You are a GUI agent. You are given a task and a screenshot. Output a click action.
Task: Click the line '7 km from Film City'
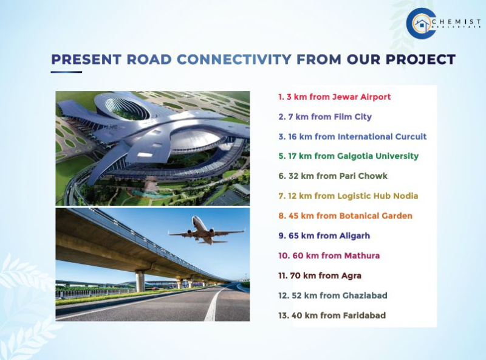(x=325, y=116)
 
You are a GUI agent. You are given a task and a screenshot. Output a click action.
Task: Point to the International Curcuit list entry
(x=352, y=136)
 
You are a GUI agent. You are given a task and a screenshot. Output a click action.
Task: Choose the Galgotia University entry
(x=348, y=156)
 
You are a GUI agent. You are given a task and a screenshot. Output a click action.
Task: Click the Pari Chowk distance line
(x=333, y=176)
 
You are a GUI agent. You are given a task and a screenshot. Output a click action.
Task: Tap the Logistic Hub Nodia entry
(x=348, y=196)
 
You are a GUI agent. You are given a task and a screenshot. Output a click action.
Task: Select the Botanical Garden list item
(x=345, y=215)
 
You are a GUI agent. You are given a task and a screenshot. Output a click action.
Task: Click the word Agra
(x=351, y=275)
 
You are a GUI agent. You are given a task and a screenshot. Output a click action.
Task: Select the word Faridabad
(x=363, y=315)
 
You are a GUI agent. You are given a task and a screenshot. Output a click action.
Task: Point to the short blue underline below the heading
(x=66, y=72)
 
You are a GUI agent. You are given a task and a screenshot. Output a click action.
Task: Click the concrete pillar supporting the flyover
(x=140, y=281)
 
